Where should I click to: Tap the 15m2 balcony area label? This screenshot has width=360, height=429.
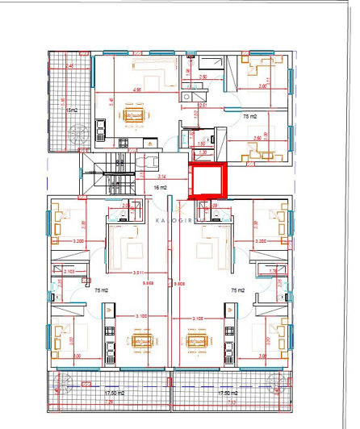(71, 110)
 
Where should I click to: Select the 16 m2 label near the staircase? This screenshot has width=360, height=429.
(160, 187)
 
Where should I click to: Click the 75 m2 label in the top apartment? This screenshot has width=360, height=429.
(249, 116)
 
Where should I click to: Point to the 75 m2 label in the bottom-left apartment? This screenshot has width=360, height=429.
(102, 289)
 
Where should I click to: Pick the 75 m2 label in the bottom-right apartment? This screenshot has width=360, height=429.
(238, 289)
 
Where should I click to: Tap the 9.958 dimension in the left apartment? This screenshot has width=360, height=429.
(147, 283)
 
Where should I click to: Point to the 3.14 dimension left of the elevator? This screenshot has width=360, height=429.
(162, 175)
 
